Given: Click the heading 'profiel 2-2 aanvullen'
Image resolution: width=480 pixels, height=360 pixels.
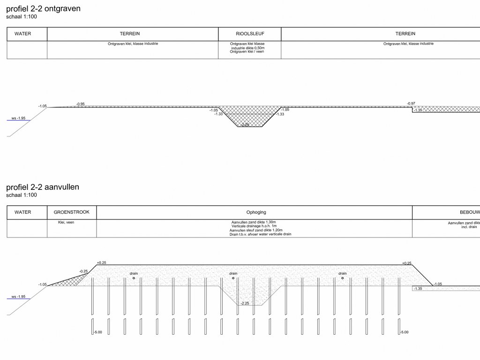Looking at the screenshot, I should [x=43, y=187].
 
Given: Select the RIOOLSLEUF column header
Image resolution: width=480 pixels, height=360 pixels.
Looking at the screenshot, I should [x=249, y=34].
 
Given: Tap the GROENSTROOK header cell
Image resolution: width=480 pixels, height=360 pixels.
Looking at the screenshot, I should [x=72, y=212].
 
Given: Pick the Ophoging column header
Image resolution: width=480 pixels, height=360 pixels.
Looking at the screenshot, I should [x=256, y=212].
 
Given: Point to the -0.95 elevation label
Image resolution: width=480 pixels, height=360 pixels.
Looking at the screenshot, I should [x=81, y=104].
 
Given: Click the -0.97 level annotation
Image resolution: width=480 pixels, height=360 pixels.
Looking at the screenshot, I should [x=411, y=104].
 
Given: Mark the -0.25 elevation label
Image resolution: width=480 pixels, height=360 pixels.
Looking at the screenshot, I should [x=83, y=271].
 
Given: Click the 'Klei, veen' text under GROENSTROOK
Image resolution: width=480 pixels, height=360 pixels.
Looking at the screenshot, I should [x=63, y=223].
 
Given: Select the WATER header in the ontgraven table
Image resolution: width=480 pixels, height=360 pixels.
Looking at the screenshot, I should [x=23, y=34].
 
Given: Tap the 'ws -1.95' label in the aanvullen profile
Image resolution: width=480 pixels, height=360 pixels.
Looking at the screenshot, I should [x=19, y=297].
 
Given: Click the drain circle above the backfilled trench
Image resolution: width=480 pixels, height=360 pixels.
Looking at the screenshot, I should [x=233, y=278].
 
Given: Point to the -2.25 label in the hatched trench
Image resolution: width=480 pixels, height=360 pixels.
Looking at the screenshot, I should [x=244, y=125].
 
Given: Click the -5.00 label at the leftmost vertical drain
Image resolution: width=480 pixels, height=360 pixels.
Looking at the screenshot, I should [x=97, y=332].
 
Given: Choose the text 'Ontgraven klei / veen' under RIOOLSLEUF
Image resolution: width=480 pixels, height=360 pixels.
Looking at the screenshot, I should [x=250, y=52].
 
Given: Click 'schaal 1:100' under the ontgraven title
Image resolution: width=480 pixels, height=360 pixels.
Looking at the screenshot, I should [x=22, y=17].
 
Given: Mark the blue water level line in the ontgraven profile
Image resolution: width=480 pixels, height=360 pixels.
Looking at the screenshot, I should [x=18, y=120].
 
